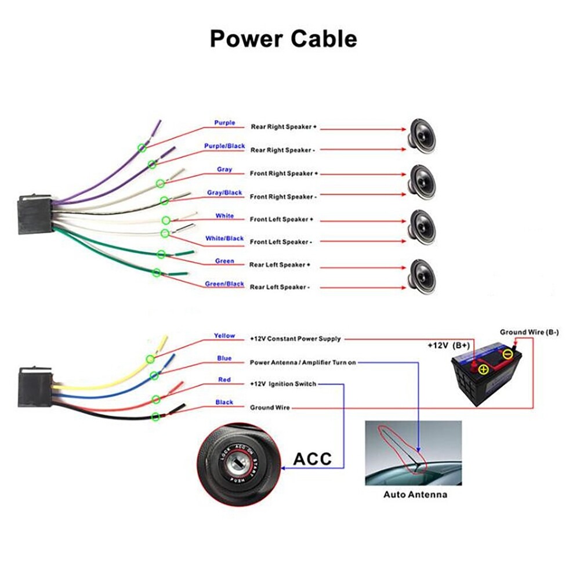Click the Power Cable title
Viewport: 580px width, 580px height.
coord(284,39)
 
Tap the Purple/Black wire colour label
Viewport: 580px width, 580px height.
coord(224,146)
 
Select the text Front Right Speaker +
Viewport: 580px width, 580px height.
coord(284,173)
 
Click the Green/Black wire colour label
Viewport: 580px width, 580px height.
coord(224,284)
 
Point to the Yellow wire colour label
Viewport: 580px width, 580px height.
coord(224,336)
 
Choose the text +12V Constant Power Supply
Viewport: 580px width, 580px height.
coord(295,339)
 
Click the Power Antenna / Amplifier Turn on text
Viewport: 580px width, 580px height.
coord(303,362)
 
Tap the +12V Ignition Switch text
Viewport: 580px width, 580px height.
coord(283,385)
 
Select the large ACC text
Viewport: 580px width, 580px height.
coord(313,459)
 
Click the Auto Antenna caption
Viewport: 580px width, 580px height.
coord(415,495)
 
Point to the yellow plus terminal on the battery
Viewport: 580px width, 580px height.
coord(483,368)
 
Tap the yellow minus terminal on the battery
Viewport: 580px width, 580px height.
coord(508,354)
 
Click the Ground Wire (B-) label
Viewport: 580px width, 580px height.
coord(529,332)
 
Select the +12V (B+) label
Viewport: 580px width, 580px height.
coord(448,346)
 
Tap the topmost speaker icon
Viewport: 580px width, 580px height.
coord(422,137)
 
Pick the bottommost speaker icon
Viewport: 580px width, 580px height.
coord(422,277)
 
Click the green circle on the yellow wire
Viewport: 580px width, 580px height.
coord(150,359)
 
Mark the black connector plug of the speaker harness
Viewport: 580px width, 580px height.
coord(35,214)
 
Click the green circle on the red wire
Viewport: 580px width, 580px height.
coord(156,400)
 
